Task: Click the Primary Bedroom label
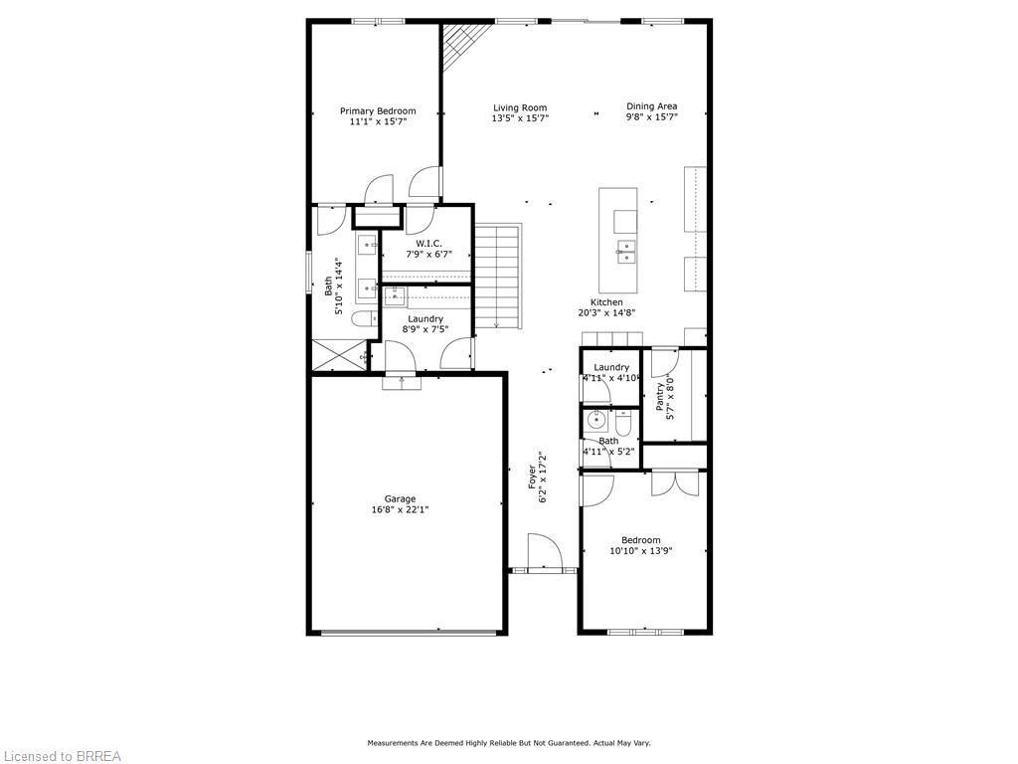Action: (378, 111)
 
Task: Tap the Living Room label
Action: (520, 107)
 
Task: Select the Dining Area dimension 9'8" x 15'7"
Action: (651, 117)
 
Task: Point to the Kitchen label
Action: (606, 302)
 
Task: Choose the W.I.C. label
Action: (428, 244)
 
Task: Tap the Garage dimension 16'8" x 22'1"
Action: (401, 509)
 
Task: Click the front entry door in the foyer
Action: (544, 553)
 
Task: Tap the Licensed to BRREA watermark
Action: (62, 756)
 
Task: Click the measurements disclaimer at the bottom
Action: (509, 743)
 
